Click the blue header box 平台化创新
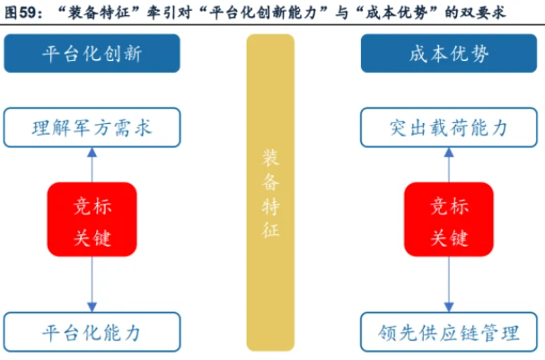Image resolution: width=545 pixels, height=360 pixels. click(x=92, y=54)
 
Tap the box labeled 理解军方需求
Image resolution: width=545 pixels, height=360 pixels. click(x=92, y=127)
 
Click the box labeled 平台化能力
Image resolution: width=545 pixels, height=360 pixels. click(x=92, y=332)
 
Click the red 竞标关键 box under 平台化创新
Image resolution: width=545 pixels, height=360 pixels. click(x=92, y=219)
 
